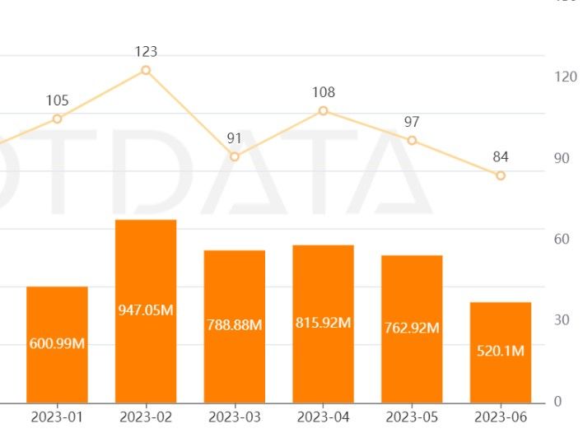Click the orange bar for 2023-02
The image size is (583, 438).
pos(146,272)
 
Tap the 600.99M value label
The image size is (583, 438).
pos(57,343)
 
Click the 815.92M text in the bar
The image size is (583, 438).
pos(323,322)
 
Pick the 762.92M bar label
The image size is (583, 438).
pos(412,328)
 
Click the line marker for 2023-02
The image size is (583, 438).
pos(146,70)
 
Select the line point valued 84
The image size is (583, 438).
pos(501,175)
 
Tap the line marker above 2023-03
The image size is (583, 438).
pos(235,156)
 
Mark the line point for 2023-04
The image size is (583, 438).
pos(323,110)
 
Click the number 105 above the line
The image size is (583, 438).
pos(57,100)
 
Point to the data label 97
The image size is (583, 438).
pos(412,122)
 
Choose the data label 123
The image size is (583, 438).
pos(146,52)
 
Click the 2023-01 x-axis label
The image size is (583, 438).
pos(57,417)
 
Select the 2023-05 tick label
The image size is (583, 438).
pos(412,417)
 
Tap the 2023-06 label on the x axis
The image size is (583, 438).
pos(501,417)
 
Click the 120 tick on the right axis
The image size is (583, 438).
pos(566,77)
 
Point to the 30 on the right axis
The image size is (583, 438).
pos(562,320)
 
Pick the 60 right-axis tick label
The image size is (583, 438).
pos(562,239)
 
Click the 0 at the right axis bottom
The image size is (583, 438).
pos(557,402)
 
